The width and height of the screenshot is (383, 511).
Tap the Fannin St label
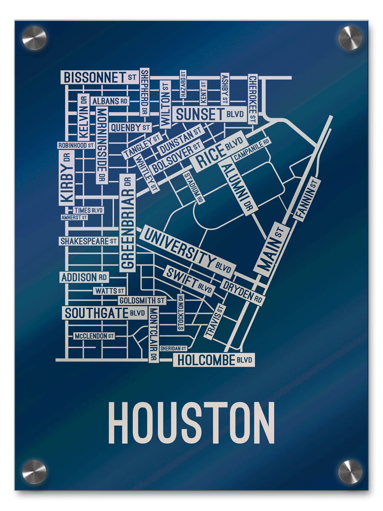(307, 199)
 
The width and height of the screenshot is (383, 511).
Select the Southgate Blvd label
(105, 313)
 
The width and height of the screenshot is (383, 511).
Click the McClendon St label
(94, 336)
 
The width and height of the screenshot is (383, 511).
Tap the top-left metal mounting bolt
(34, 38)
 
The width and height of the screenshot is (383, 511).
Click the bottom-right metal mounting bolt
(350, 472)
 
